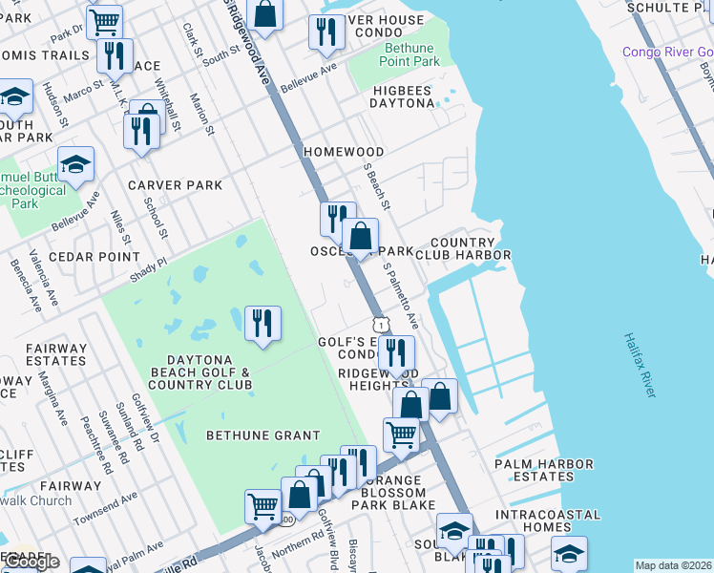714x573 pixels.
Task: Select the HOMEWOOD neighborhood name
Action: coord(344,152)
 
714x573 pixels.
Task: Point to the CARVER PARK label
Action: coord(175,185)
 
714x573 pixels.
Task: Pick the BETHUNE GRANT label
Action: coord(263,435)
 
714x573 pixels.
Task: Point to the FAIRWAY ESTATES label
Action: coord(56,354)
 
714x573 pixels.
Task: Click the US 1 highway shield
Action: coord(380,325)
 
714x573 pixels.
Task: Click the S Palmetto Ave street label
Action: coord(401,295)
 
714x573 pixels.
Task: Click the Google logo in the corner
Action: coord(31,562)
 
